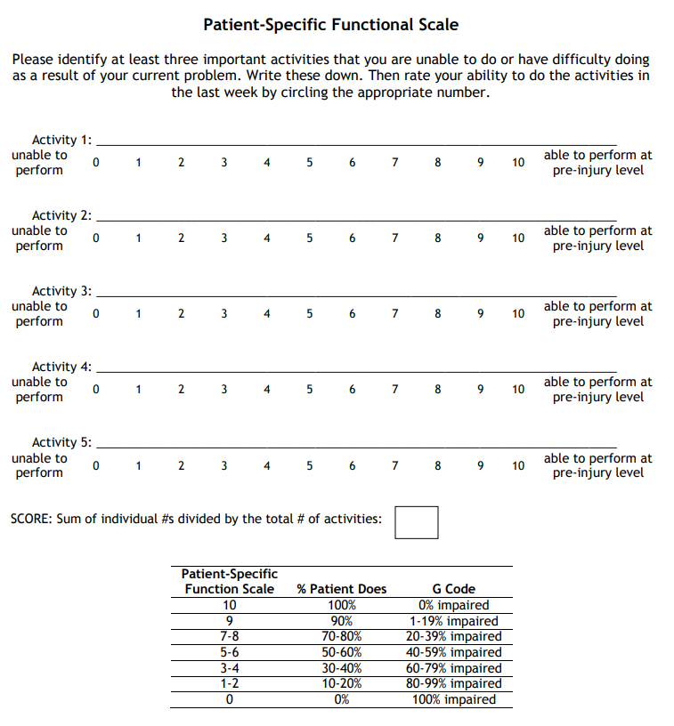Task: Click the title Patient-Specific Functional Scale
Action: [331, 25]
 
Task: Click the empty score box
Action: [416, 522]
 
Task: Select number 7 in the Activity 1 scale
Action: [394, 163]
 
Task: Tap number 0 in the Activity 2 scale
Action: [95, 238]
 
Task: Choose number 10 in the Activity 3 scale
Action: [518, 314]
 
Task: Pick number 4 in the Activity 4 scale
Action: [267, 390]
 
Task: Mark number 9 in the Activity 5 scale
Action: [481, 465]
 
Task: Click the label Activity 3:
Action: [61, 291]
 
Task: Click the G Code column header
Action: [453, 589]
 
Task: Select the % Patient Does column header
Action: [342, 589]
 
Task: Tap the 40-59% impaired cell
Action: [453, 652]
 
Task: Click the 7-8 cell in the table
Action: [229, 636]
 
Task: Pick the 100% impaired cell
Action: [453, 699]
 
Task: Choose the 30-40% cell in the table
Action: [342, 668]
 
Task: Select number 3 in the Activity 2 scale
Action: [223, 238]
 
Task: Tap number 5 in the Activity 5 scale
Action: [309, 465]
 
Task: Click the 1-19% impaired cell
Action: [453, 621]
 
